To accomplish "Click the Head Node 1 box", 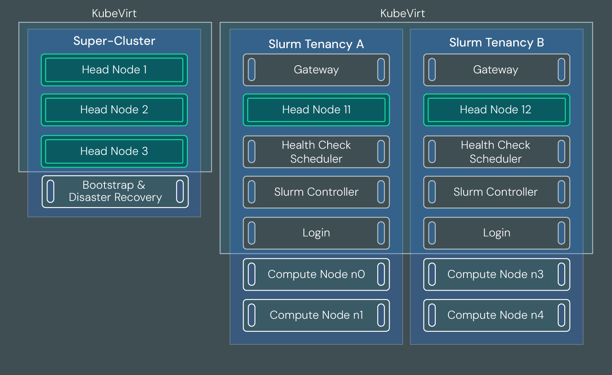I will click(x=114, y=70).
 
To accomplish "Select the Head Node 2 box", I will click(x=114, y=110).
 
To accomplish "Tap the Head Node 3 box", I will click(x=114, y=151).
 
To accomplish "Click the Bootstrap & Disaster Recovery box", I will click(x=115, y=192).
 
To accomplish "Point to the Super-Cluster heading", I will click(x=114, y=41).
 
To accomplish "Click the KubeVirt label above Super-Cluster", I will click(x=114, y=13).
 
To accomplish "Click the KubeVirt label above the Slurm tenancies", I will click(x=402, y=13).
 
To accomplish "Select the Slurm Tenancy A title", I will click(x=316, y=44).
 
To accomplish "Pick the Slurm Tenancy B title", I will click(x=497, y=42).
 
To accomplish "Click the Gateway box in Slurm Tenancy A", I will click(x=316, y=70).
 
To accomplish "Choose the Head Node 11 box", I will click(x=316, y=110).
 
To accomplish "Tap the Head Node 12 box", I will click(x=496, y=110).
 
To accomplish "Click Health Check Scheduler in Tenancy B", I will click(x=496, y=152).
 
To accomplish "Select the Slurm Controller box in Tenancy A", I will click(x=316, y=192).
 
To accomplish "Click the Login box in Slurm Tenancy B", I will click(x=497, y=233).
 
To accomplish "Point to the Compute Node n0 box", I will click(x=316, y=274).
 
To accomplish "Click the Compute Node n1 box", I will click(x=316, y=315).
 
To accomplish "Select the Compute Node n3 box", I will click(x=496, y=274).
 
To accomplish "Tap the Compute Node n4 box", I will click(x=496, y=315).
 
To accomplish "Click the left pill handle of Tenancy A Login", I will click(x=252, y=233).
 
